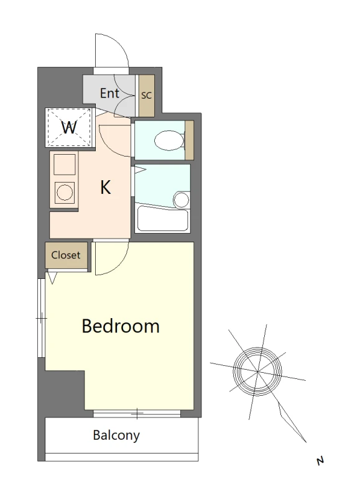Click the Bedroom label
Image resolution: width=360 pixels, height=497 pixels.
(121, 326)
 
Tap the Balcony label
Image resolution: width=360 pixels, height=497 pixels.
(116, 435)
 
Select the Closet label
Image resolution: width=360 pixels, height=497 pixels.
(66, 255)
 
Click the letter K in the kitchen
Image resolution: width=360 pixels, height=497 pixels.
(106, 187)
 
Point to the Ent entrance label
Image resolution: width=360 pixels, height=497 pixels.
(109, 93)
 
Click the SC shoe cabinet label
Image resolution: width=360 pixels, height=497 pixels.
(147, 95)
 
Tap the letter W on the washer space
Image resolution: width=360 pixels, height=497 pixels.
(69, 127)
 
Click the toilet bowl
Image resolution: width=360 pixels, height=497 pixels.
(169, 140)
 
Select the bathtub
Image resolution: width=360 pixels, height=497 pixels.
(163, 219)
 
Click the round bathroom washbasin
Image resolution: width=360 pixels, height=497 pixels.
(182, 199)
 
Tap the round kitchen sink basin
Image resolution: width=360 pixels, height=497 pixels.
(65, 192)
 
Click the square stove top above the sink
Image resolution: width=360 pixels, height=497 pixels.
(65, 164)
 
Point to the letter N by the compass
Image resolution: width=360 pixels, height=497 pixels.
(320, 460)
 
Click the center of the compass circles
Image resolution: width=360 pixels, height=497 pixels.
(257, 371)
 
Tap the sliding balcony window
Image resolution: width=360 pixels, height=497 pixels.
(137, 414)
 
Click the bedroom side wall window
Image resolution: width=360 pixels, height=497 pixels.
(41, 318)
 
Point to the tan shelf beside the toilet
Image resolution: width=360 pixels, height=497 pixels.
(190, 140)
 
